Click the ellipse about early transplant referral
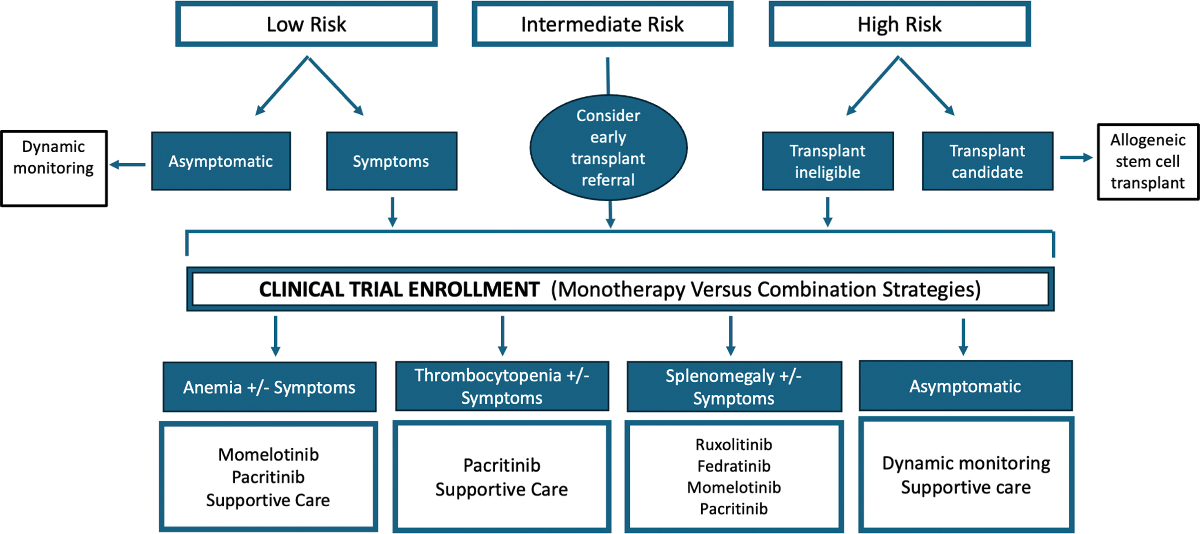point(609,148)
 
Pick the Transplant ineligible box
point(828,161)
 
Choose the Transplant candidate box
point(988,161)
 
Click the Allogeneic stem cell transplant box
point(1148,162)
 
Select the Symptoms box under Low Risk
point(392,161)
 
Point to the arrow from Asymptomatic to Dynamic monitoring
point(127,165)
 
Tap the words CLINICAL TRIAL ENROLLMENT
point(399,289)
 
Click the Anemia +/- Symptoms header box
point(269,387)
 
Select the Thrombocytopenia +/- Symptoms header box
point(502,386)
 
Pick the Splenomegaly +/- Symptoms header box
point(734,387)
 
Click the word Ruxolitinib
point(734,445)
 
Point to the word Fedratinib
point(734,466)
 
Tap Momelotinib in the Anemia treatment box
point(268,454)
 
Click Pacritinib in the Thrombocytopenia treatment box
point(502,465)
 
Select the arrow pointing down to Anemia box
point(276,336)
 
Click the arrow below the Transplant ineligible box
point(828,212)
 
